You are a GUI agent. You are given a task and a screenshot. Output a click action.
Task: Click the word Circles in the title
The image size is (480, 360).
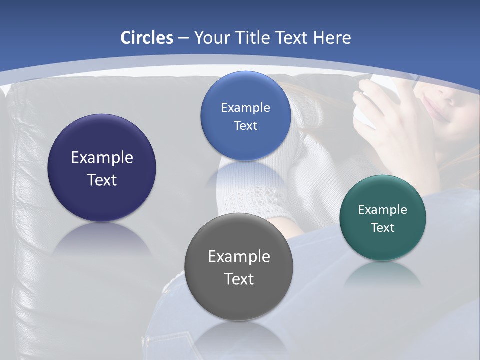pos(146,38)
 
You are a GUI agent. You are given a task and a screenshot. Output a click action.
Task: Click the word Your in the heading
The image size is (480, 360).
pos(212,38)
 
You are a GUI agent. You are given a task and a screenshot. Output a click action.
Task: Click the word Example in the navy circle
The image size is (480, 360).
pos(102,158)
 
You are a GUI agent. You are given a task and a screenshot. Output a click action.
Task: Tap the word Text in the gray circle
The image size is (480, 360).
pos(239,279)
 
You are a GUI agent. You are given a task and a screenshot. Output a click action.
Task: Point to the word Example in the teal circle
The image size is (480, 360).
pos(383,210)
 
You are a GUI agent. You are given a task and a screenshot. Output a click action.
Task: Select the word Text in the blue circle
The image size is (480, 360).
pos(245,126)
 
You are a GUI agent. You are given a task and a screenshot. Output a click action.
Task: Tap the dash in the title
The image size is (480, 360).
pos(183,38)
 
